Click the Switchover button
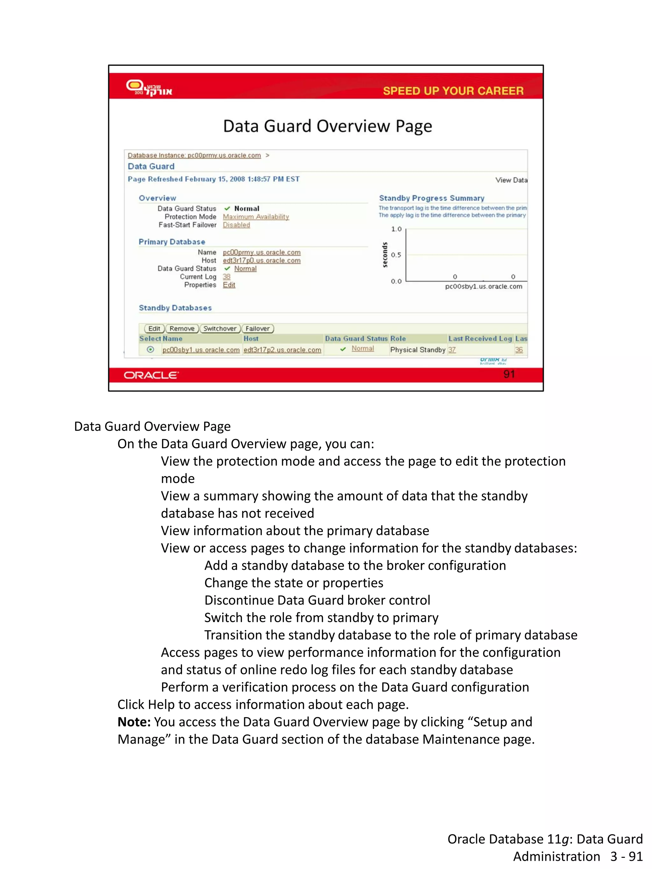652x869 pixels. pos(220,328)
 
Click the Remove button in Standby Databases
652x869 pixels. pos(182,328)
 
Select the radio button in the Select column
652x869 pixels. pos(150,349)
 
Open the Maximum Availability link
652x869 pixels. pos(256,217)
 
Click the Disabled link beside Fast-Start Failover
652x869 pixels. pos(236,225)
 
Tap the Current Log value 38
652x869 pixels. pos(226,277)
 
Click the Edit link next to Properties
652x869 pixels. pos(229,285)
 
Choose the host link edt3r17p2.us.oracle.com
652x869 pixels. pos(282,350)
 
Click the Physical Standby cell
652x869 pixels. pos(417,350)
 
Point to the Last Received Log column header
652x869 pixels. pos(480,338)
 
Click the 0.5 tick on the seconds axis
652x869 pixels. pos(396,255)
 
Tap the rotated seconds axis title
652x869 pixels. pos(385,255)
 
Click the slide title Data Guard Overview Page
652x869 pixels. pos(327,126)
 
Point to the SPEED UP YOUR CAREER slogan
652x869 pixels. pos(453,91)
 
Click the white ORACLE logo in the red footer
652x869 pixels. pos(151,375)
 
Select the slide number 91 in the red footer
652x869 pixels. pos(509,374)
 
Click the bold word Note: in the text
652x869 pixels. pos(134,722)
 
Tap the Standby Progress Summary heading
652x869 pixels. pos(431,198)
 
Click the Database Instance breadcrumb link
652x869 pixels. pos(194,155)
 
